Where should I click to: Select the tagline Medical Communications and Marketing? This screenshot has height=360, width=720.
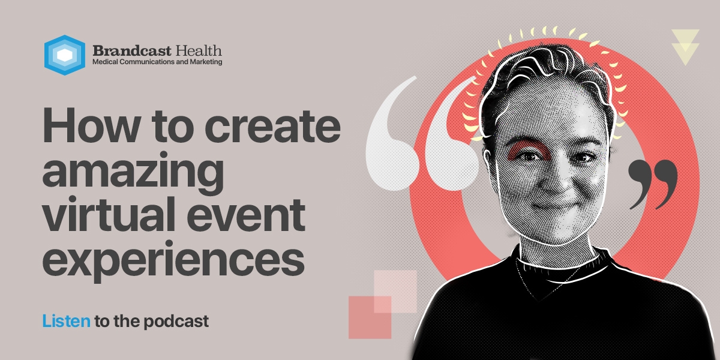(157, 62)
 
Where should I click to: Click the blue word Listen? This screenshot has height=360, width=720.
(66, 321)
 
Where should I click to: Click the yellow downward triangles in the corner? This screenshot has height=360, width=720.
(685, 46)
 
